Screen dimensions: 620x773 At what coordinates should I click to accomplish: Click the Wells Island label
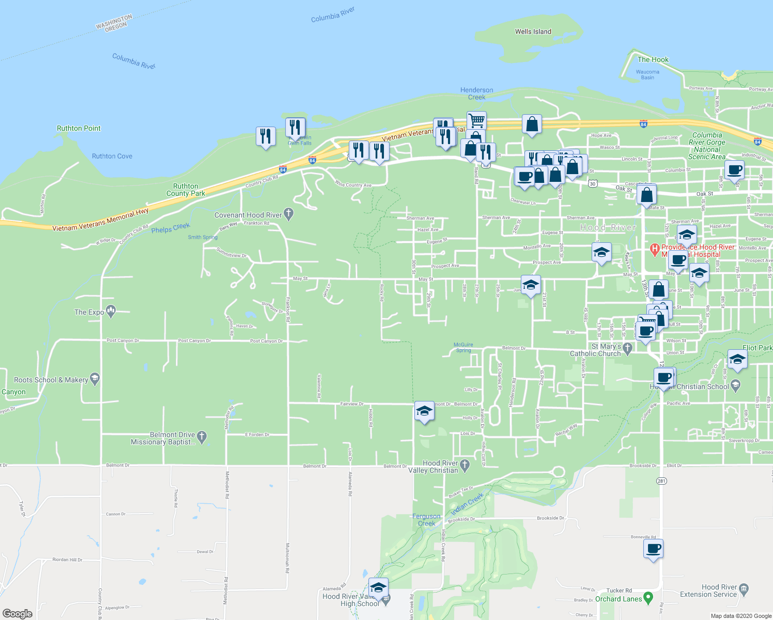click(533, 32)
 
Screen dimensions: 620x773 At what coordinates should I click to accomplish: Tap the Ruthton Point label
click(79, 128)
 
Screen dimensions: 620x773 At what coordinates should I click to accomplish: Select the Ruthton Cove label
click(112, 156)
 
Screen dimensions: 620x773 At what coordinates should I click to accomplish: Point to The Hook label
click(653, 59)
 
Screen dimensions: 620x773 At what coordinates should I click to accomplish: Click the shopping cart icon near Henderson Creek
click(476, 120)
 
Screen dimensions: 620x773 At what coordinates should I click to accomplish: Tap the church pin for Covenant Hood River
click(288, 213)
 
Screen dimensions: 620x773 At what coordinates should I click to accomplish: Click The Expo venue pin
click(111, 311)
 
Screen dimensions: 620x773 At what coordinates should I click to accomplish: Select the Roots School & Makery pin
click(94, 379)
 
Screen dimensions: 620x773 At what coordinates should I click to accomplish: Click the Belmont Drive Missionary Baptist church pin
click(202, 437)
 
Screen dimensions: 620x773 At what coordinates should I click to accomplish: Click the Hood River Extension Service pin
click(744, 588)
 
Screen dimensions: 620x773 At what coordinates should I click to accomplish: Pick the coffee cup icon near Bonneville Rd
click(653, 548)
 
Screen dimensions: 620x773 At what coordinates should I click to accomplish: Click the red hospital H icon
click(655, 250)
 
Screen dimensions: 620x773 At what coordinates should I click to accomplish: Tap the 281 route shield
click(661, 481)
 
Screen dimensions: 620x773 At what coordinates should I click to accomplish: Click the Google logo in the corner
click(18, 613)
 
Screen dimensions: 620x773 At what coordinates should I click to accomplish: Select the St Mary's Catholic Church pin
click(628, 349)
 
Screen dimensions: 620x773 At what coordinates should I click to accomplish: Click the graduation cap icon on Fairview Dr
click(424, 411)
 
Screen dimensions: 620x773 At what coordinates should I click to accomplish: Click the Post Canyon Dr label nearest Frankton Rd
click(266, 341)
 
